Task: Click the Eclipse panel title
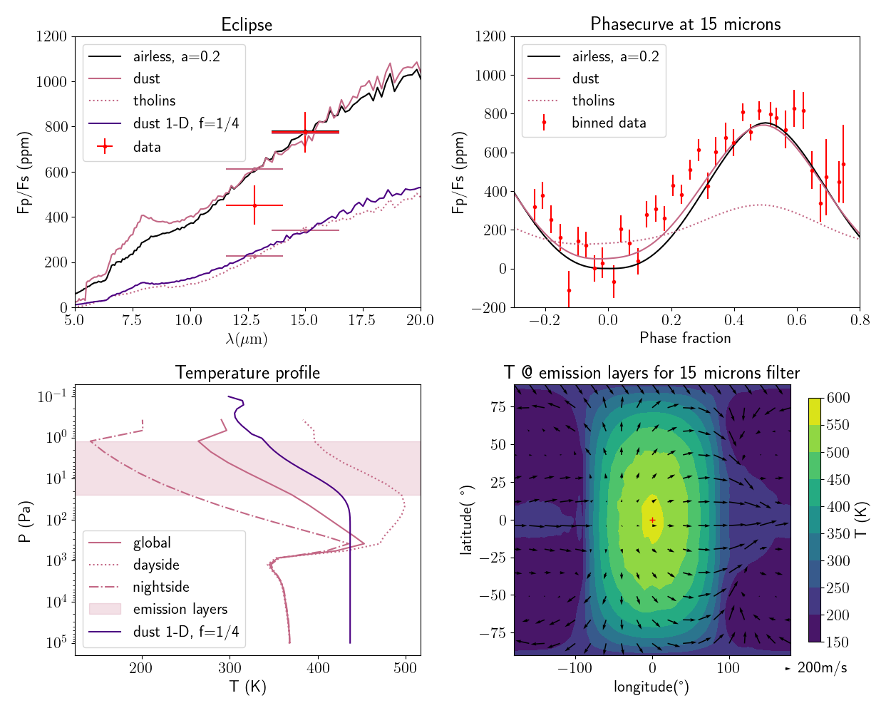coord(247,25)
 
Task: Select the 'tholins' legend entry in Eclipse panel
coord(154,101)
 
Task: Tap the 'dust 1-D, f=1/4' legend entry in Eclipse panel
coord(185,123)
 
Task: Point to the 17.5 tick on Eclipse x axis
coord(362,321)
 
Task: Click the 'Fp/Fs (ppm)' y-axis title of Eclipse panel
coord(24,173)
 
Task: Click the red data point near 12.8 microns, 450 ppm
coord(254,205)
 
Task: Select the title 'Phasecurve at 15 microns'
coord(685,24)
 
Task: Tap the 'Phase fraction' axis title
coord(685,338)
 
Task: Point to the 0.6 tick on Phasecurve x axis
coord(797,321)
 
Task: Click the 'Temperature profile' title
coord(247,373)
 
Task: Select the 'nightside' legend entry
coord(161,587)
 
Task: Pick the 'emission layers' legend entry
coord(180,609)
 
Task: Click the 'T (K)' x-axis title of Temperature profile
coord(247,687)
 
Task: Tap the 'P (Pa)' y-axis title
coord(25,521)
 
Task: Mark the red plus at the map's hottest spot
coord(652,520)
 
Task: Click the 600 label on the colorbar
coord(838,398)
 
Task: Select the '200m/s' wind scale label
coord(822,668)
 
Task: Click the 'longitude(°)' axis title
coord(651,687)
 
